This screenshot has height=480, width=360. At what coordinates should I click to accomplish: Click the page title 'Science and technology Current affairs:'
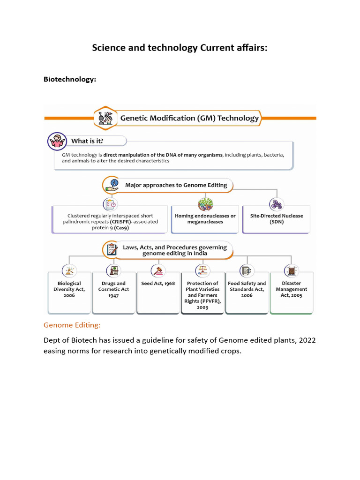(x=180, y=48)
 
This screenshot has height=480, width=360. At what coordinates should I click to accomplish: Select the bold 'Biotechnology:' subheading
(x=70, y=79)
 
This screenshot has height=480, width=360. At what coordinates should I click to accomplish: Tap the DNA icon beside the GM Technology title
(x=105, y=118)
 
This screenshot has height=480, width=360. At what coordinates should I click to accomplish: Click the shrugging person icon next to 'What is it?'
(x=57, y=141)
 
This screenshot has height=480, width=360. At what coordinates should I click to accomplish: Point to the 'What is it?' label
(x=87, y=141)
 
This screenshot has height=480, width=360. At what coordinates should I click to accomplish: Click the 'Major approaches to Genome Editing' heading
(x=176, y=185)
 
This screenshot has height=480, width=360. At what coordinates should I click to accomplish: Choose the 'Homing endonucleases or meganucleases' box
(x=205, y=219)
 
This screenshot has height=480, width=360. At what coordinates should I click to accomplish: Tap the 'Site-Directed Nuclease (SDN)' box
(x=276, y=219)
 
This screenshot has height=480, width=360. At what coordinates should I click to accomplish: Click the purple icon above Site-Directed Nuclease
(x=276, y=205)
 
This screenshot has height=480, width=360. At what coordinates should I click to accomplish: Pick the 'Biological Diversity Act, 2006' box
(x=69, y=289)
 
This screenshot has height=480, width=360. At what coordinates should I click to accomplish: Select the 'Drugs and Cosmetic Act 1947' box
(x=113, y=289)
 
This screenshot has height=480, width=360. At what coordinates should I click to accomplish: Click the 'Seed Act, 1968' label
(x=158, y=284)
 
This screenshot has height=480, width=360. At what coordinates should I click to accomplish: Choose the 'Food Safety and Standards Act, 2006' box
(x=247, y=289)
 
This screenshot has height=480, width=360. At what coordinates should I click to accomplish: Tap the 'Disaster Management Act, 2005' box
(x=291, y=289)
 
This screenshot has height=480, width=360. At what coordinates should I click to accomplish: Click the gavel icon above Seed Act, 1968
(x=158, y=270)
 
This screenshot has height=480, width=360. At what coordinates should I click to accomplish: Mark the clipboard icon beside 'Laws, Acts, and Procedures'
(x=112, y=250)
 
